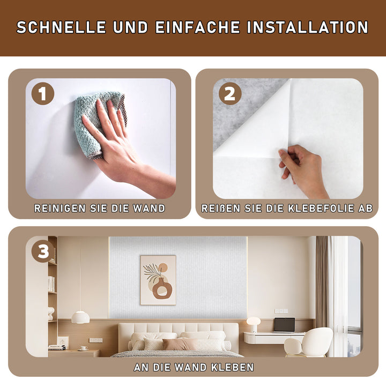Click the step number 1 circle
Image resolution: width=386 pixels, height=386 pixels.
click(43, 94)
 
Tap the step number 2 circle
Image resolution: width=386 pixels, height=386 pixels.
click(230, 94)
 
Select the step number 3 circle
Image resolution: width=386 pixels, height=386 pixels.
click(43, 251)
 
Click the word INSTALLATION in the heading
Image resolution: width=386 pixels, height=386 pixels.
click(308, 27)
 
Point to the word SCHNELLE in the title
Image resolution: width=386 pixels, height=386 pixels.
click(61, 27)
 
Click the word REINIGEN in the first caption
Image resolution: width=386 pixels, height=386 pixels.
click(60, 208)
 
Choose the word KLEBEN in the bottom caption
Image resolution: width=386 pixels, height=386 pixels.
click(232, 367)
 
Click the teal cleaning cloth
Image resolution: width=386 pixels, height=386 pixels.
click(99, 123)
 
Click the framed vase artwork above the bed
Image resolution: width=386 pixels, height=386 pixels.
click(158, 280)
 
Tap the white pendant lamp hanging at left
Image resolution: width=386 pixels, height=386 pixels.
click(80, 317)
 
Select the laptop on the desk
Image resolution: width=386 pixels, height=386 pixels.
click(284, 325)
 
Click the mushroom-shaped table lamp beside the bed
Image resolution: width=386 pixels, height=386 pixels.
click(254, 324)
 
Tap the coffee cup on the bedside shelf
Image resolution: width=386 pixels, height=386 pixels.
click(84, 348)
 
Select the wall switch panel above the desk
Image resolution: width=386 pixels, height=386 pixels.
click(281, 311)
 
